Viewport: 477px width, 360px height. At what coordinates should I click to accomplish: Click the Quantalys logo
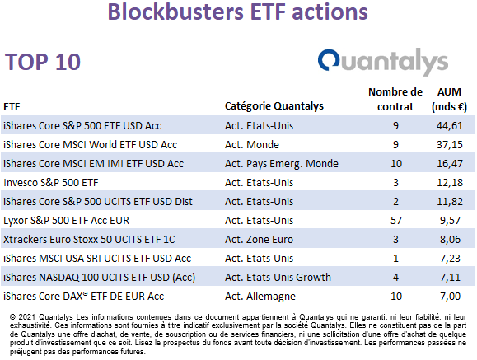(x=383, y=62)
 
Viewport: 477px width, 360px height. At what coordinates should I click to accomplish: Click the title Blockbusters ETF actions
(x=237, y=12)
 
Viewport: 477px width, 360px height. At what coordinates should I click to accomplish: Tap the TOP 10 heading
(x=43, y=62)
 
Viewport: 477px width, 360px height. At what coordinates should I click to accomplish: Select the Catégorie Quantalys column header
(x=274, y=106)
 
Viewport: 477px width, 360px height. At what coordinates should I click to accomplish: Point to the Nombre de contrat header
(x=395, y=99)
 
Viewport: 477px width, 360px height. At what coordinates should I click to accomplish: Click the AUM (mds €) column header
(x=449, y=99)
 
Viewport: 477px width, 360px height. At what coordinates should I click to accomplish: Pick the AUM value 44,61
(x=450, y=126)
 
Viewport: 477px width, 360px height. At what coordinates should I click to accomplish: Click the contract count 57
(x=396, y=220)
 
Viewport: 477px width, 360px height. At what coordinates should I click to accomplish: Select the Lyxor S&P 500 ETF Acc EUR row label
(x=66, y=221)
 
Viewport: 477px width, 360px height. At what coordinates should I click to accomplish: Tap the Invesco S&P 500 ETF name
(x=51, y=183)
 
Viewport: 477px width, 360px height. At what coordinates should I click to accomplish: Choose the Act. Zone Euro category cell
(x=259, y=240)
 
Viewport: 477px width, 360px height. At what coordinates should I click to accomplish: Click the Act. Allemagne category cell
(x=260, y=297)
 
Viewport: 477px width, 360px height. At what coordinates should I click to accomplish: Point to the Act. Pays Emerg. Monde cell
(x=282, y=164)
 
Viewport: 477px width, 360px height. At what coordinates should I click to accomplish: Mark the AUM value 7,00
(x=451, y=297)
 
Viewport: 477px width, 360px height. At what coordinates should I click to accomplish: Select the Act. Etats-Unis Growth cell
(x=278, y=278)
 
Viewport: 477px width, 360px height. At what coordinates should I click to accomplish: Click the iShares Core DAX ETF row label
(x=84, y=297)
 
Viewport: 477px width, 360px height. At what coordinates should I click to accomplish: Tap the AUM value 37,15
(x=450, y=144)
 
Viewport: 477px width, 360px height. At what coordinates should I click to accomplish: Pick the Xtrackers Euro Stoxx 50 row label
(x=89, y=240)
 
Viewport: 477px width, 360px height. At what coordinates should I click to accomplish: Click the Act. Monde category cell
(x=252, y=144)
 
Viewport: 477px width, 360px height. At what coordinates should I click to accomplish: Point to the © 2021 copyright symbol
(x=13, y=317)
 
